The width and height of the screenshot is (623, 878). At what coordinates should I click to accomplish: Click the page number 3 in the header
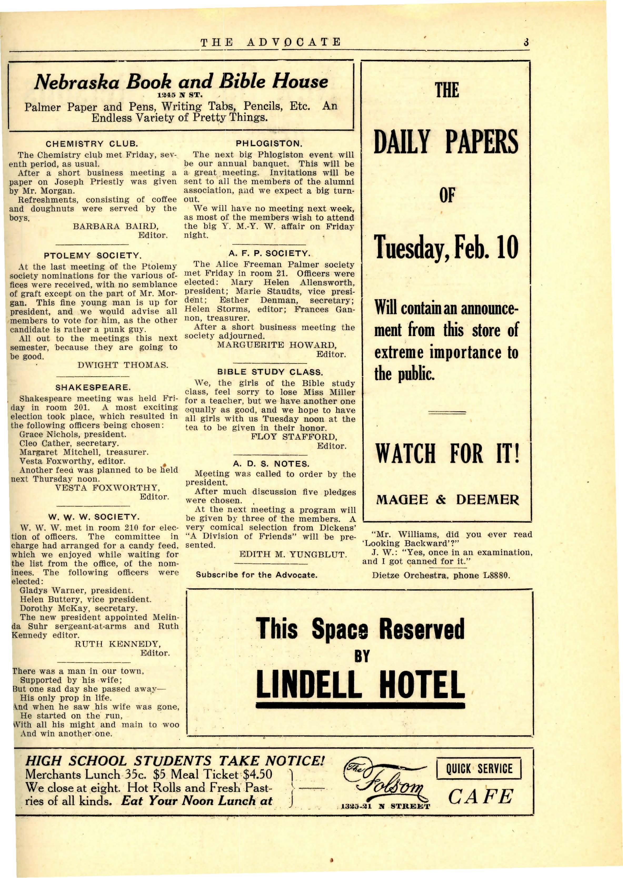click(526, 42)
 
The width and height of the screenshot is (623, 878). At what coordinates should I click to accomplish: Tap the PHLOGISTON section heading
click(269, 144)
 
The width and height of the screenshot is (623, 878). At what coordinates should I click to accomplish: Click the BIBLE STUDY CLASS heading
click(270, 372)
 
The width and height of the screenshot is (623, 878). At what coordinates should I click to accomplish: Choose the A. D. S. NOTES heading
click(271, 464)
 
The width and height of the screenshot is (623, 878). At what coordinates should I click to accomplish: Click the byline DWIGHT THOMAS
click(123, 365)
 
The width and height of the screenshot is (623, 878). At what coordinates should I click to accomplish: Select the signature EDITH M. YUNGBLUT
click(293, 554)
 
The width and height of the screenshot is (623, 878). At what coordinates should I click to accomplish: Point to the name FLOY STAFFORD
click(294, 437)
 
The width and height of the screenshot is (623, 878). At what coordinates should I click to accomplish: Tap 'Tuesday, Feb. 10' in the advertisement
click(447, 248)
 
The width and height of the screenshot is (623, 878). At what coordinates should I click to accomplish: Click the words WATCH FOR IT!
click(447, 453)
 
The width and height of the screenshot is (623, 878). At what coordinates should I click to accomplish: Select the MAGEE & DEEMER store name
click(447, 499)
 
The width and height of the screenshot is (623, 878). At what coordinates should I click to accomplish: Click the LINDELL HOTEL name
click(360, 684)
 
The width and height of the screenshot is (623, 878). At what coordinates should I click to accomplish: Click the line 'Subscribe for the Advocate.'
click(256, 575)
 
